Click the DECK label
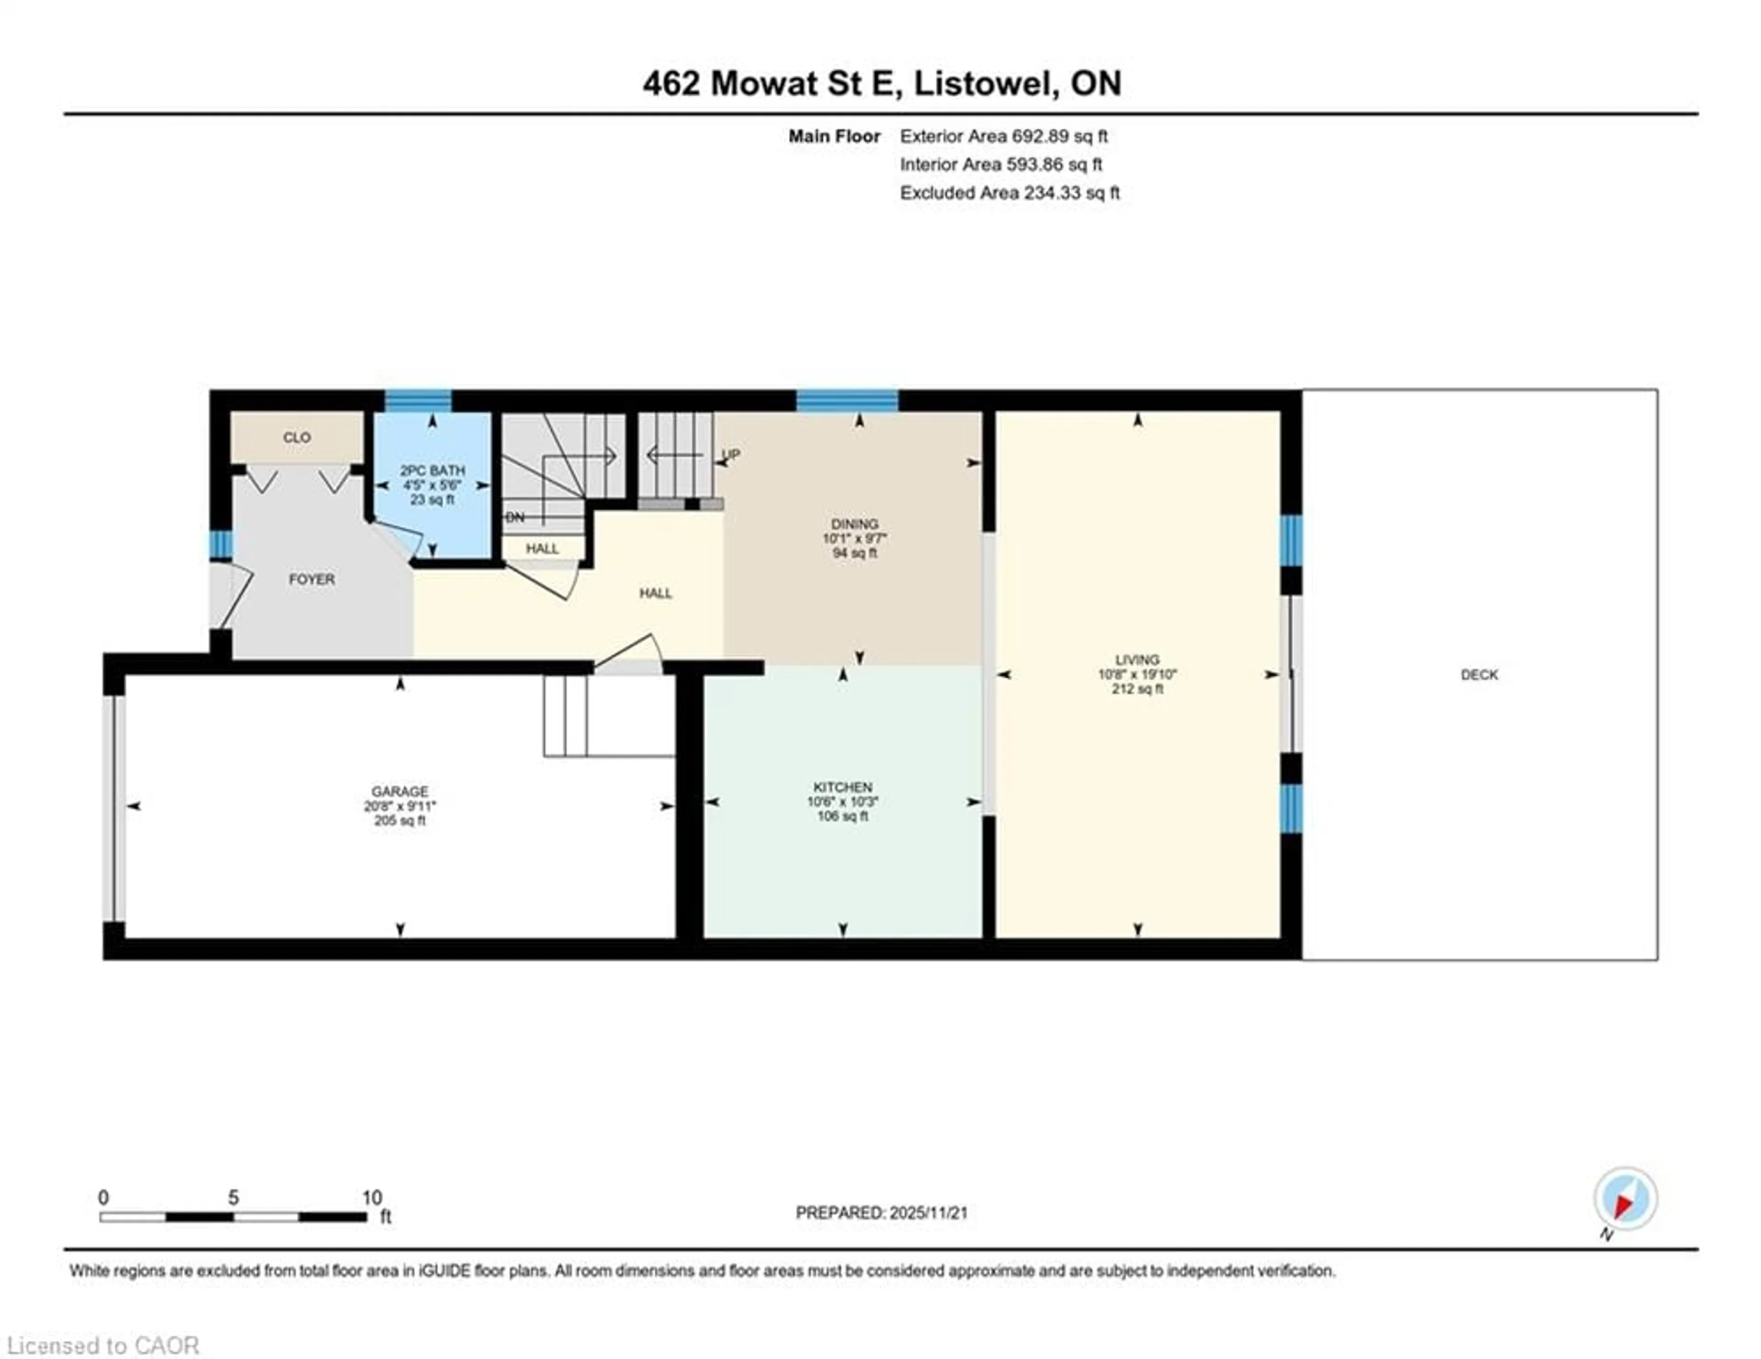pos(1479,674)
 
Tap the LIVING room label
pos(1137,659)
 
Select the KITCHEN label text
pos(842,787)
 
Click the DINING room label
pos(855,524)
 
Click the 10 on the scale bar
pos(372,1198)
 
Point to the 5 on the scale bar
pos(233,1198)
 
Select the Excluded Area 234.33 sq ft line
pos(1009,193)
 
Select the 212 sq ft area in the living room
pos(1137,689)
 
